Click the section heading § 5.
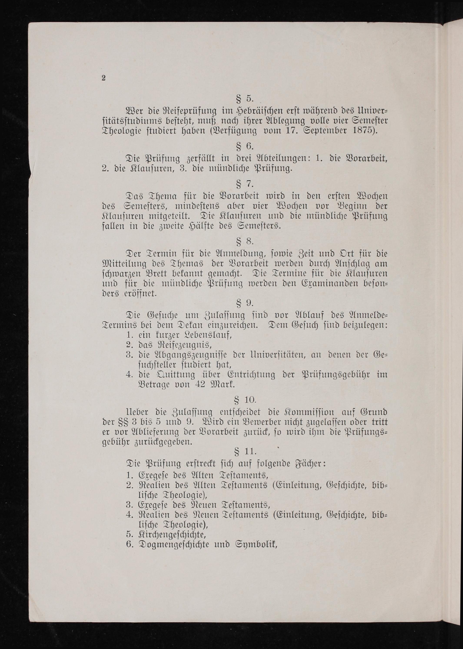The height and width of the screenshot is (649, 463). (x=245, y=99)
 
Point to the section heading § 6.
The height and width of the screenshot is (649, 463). (x=245, y=146)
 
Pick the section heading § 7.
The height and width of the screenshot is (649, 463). (x=245, y=184)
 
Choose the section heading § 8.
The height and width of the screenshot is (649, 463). (x=245, y=242)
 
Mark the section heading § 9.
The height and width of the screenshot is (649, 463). (x=245, y=303)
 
